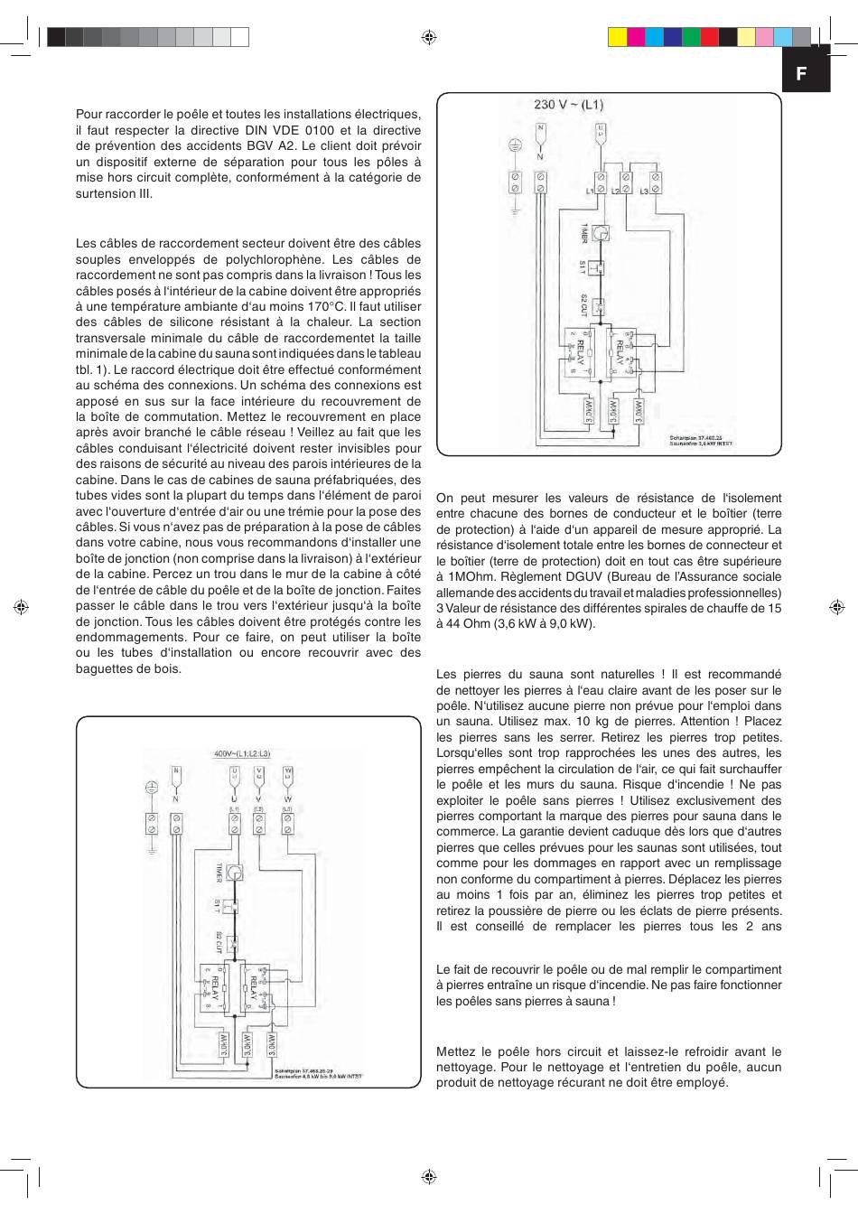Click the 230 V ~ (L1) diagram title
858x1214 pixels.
point(568,105)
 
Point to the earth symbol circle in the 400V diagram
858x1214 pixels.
point(152,788)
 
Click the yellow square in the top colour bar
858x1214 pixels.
point(618,36)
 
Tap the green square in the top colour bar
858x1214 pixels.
point(691,36)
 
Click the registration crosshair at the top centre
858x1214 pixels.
point(429,37)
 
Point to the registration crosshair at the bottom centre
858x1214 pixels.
point(429,1177)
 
